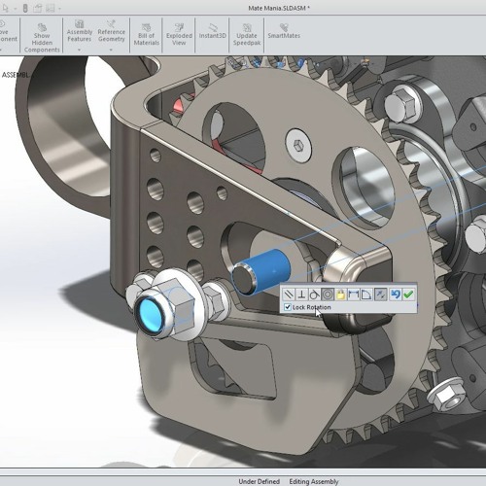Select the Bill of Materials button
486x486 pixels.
[x=146, y=34]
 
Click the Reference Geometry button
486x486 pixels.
[x=111, y=34]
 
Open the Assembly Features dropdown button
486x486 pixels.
[x=79, y=34]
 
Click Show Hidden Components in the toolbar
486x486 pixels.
[x=42, y=34]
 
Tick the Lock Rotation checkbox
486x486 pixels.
[x=288, y=307]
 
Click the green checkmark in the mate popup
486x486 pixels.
[x=408, y=294]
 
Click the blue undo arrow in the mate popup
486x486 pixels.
[x=395, y=294]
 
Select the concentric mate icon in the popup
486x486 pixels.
[x=328, y=294]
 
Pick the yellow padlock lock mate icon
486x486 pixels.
[x=341, y=294]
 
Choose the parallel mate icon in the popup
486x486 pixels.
[x=289, y=294]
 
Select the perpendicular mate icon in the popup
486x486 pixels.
[x=301, y=294]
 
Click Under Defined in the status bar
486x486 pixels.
[x=259, y=480]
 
